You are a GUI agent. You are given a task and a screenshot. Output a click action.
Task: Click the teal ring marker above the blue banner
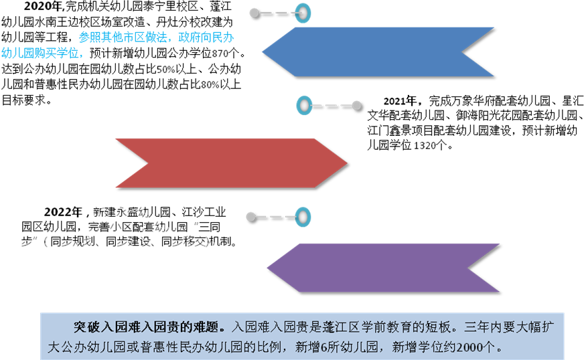pos(303,13)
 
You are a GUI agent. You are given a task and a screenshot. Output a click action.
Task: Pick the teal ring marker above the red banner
pos(305,106)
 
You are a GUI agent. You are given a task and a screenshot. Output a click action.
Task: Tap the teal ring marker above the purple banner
pos(303,217)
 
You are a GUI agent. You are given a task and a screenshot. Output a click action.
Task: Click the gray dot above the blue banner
pos(254,13)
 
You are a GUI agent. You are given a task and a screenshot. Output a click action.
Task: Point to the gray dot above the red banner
pos(356,106)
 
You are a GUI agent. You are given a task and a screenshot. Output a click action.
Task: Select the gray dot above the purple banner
pos(250,217)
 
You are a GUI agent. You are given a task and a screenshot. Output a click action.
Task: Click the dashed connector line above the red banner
pos(331,106)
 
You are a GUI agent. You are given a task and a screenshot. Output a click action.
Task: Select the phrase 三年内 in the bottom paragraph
pos(482,328)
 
